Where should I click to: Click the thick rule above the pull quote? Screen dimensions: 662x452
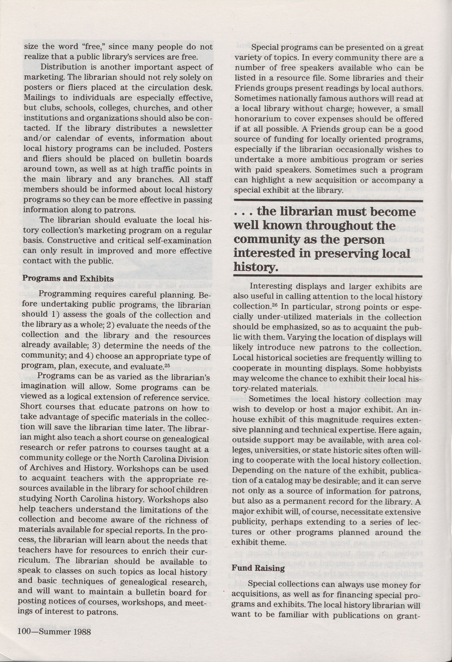click(328, 201)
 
